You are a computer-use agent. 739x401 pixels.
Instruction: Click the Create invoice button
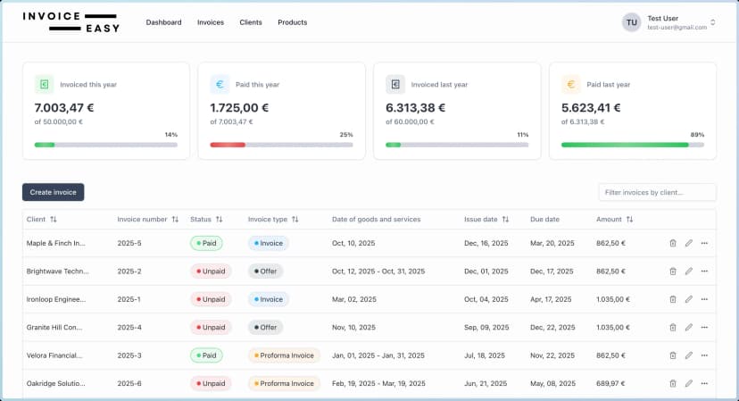53,192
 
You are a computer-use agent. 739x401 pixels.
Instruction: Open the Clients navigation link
251,22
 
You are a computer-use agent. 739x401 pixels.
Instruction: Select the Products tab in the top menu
292,22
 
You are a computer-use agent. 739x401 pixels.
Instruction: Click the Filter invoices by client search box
657,192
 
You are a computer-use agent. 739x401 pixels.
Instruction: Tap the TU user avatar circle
632,22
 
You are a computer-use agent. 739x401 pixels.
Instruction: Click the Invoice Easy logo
71,22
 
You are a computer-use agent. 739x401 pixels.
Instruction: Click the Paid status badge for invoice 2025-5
206,243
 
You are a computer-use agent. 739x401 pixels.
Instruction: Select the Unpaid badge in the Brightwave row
211,272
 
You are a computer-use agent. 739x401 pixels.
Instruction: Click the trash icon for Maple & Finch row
672,243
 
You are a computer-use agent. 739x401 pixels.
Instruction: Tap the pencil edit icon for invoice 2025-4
688,328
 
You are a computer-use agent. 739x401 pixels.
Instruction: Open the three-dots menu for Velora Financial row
704,355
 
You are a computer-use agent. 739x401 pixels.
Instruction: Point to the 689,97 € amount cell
610,383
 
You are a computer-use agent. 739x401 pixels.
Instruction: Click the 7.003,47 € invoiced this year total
64,107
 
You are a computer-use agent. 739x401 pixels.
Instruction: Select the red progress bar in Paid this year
228,145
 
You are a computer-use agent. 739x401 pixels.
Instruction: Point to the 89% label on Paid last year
697,135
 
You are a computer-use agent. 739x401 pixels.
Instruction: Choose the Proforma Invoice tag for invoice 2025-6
283,383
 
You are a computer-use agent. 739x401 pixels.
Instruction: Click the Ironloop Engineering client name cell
55,299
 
